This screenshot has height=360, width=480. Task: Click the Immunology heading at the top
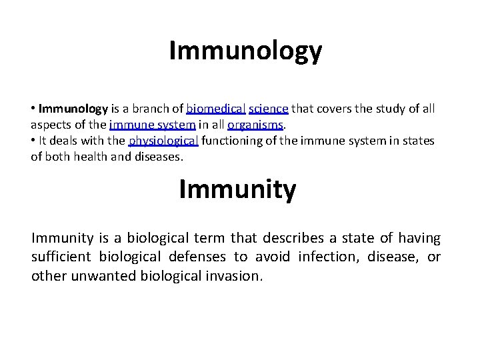(245, 51)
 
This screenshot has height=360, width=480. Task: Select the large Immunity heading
(237, 190)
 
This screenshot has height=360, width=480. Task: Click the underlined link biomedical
(216, 108)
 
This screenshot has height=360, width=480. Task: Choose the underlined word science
(269, 108)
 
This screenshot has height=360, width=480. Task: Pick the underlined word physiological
(163, 141)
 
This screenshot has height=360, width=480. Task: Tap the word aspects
(51, 125)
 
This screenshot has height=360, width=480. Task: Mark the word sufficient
(62, 257)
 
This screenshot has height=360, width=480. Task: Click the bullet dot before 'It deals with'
(33, 141)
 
